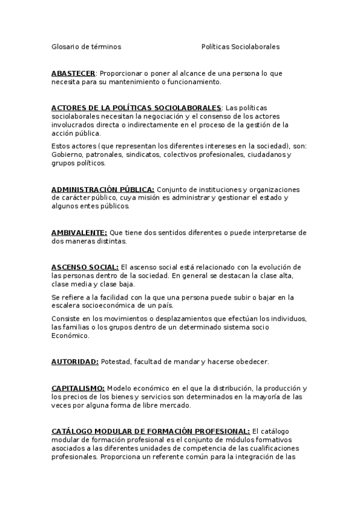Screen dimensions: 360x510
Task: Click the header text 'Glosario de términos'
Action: pos(86,46)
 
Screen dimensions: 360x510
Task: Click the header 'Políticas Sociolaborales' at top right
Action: pos(240,46)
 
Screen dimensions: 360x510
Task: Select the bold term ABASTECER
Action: pos(73,73)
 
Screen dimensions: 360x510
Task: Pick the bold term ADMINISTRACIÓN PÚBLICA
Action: pos(103,189)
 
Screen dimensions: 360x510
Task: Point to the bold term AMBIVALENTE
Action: pos(79,232)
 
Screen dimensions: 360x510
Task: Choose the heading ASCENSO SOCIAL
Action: pos(85,266)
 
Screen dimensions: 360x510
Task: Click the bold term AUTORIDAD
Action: pos(75,361)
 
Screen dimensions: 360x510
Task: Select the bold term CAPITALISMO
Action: pos(78,388)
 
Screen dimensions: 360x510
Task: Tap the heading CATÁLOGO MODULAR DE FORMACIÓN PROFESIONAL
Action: pos(150,431)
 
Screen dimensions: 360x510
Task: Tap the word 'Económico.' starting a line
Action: pos(70,336)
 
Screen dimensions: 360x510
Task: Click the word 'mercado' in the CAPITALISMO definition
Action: pos(175,405)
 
